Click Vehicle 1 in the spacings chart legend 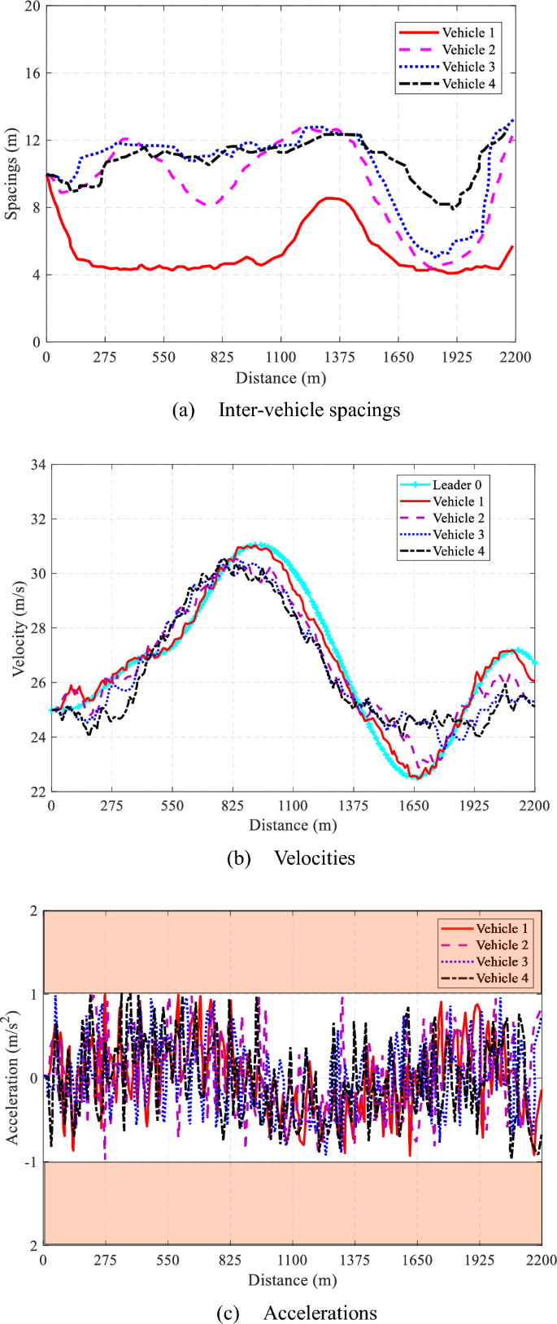[x=468, y=33]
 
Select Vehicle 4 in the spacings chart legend [x=468, y=84]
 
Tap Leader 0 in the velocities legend [x=457, y=484]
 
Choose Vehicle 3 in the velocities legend [x=458, y=534]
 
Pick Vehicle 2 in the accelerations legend [x=502, y=944]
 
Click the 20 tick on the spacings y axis [x=32, y=7]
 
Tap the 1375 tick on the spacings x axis [x=339, y=358]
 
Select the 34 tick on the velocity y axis [x=37, y=466]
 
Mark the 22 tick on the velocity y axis [x=37, y=791]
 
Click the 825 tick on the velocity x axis [x=233, y=805]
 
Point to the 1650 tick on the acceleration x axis [x=416, y=1260]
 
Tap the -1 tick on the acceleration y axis [x=32, y=1161]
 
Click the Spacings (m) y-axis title [x=11, y=175]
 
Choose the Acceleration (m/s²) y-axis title [x=13, y=1079]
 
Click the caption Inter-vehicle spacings [x=309, y=410]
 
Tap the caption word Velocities [x=314, y=858]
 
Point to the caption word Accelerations [x=320, y=1313]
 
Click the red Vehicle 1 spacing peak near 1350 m [x=329, y=198]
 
